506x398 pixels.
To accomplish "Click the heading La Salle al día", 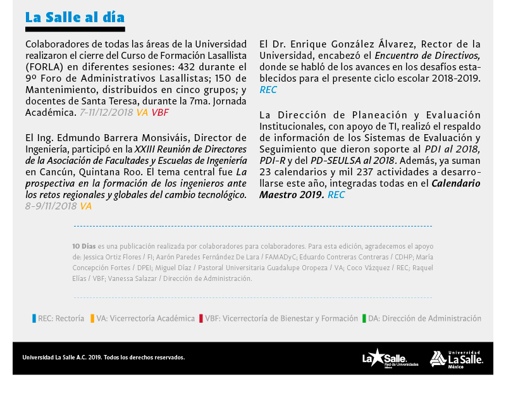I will [75, 17].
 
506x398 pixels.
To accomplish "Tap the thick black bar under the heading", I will [75, 29].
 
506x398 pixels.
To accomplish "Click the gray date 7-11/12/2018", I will [107, 112].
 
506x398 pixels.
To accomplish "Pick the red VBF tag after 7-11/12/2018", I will [160, 112].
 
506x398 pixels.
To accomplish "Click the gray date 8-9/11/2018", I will [51, 206].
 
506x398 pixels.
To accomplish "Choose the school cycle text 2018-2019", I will [454, 78].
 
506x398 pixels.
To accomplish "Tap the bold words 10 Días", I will [85, 246].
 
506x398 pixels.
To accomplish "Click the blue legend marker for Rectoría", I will [34, 319].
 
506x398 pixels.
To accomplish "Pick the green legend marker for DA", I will [364, 319].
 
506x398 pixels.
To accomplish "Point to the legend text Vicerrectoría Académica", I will [152, 319].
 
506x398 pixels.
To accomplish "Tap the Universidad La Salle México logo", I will [456, 359].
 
